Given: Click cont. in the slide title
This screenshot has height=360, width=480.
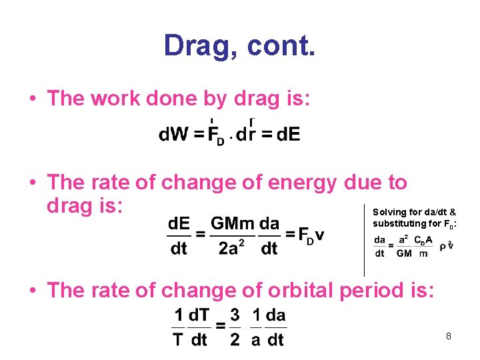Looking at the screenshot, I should [281, 47].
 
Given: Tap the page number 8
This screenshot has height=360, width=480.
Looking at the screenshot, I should [449, 336].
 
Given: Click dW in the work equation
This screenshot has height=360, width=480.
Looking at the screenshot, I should [174, 135].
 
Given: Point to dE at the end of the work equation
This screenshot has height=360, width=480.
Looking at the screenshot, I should [288, 135].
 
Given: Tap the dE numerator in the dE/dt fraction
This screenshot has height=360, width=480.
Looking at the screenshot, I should [179, 223].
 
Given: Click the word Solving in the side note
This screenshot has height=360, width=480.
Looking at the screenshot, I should [389, 212].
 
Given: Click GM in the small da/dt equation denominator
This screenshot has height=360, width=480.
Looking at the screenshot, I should [404, 253].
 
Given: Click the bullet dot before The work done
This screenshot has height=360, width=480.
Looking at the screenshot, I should [32, 99].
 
